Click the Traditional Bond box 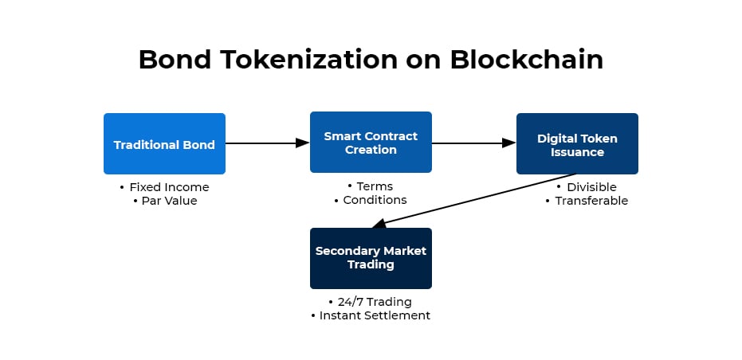coord(164,144)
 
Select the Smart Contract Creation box coord(371,143)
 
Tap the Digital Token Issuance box coord(577,144)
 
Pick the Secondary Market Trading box coord(371,258)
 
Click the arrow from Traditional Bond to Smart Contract coord(263,143)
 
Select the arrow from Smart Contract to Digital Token coord(470,143)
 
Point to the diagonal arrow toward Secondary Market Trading coord(478,199)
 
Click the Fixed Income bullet coord(164,187)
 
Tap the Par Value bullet coord(164,201)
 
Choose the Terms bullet coord(371,186)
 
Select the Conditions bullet coord(371,200)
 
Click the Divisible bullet coord(587,187)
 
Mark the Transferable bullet coord(587,201)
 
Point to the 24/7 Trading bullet coord(371,302)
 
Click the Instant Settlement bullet coord(371,315)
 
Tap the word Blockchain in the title coord(527,60)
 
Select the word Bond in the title coord(171,60)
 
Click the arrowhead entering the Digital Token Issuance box coord(509,143)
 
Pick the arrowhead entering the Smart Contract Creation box coord(303,143)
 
